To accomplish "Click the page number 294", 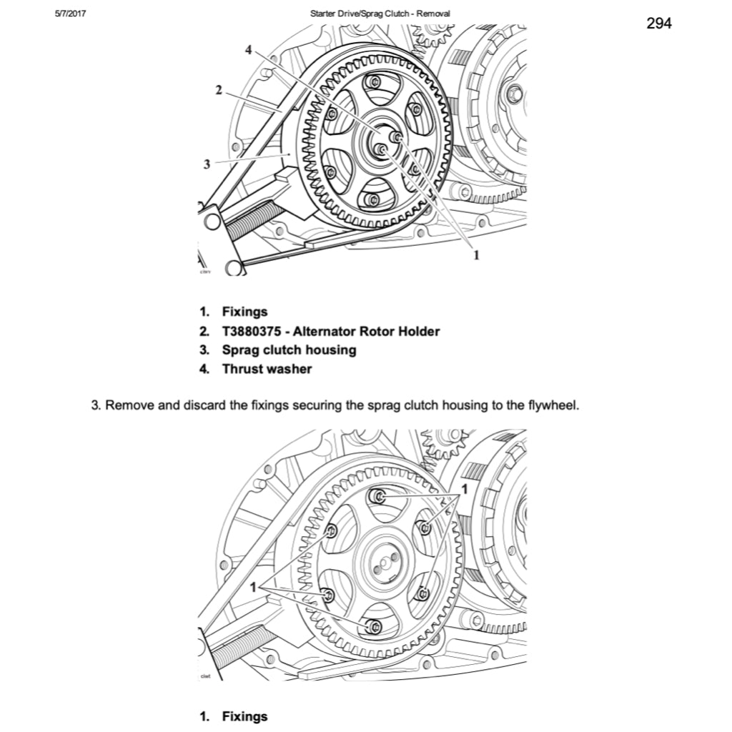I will point(658,24).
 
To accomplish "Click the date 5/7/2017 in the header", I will point(69,13).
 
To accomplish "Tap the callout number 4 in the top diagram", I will point(248,50).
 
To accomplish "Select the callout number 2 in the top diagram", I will point(218,90).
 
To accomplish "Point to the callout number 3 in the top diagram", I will point(207,164).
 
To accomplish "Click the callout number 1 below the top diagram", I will point(477,254).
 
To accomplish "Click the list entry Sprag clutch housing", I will point(288,350).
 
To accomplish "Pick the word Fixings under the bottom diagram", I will point(244,716).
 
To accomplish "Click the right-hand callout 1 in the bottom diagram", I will point(465,489).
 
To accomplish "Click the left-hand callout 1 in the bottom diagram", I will point(253,586).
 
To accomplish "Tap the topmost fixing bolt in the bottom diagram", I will point(380,497).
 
